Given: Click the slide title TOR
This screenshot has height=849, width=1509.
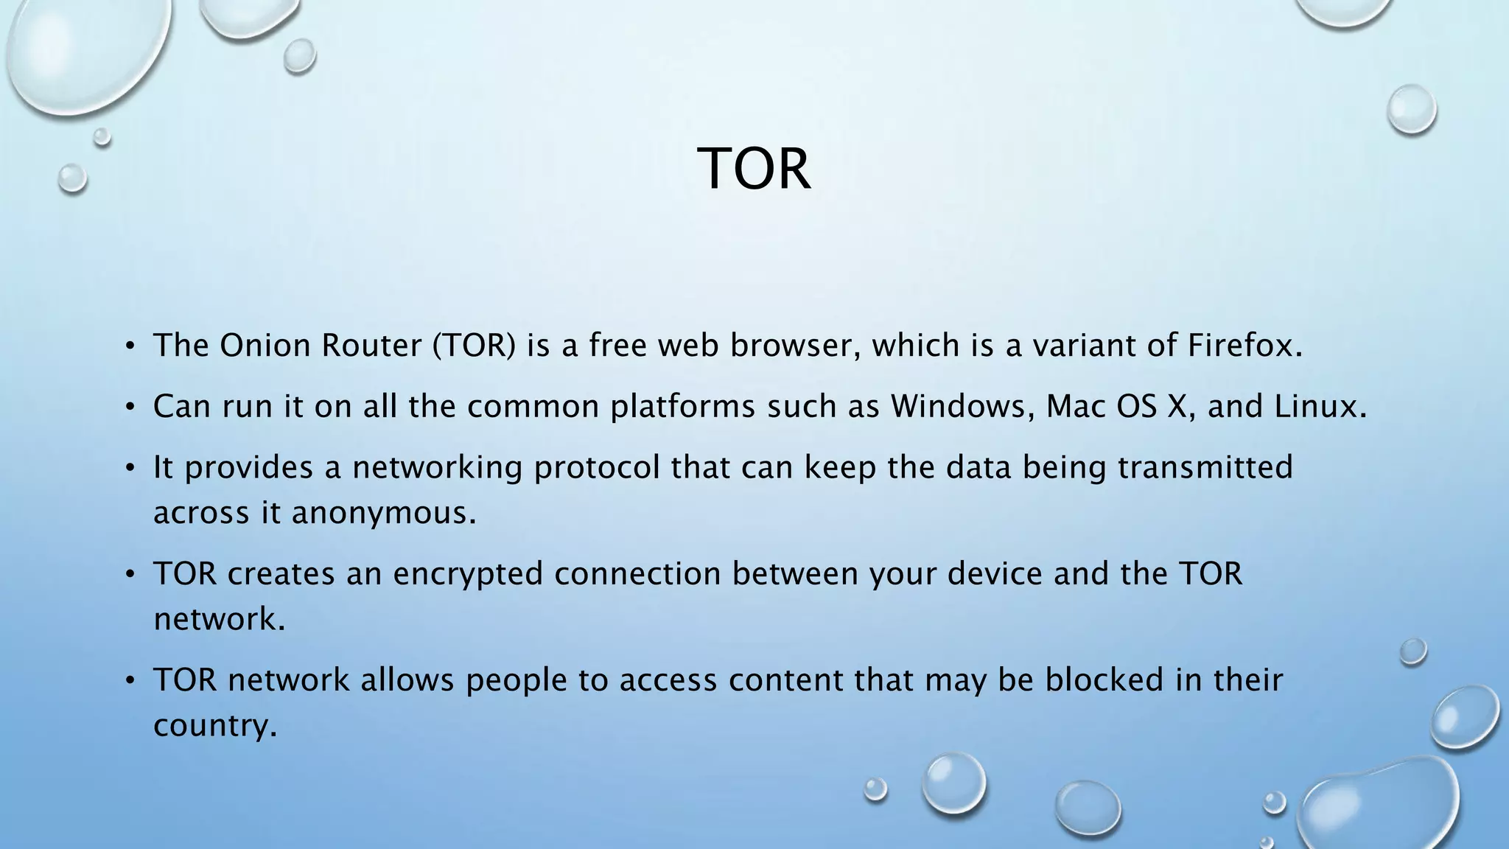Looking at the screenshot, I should pos(754,169).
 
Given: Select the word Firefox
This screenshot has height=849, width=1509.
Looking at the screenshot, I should pos(1244,345).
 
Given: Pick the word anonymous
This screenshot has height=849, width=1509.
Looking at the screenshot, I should pos(383,513).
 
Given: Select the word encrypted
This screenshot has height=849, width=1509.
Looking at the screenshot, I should pos(468,573).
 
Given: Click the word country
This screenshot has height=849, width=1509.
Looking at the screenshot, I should pos(214,725).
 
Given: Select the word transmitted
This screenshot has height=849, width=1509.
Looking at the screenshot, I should pos(1205,467).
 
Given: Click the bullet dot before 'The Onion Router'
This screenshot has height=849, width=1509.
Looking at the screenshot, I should pos(130,346).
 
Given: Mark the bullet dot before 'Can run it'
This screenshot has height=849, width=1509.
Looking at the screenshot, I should pos(130,407).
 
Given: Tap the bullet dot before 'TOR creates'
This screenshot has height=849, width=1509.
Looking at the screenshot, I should pos(130,574).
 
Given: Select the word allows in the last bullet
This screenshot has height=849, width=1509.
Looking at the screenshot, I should pos(407,679).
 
